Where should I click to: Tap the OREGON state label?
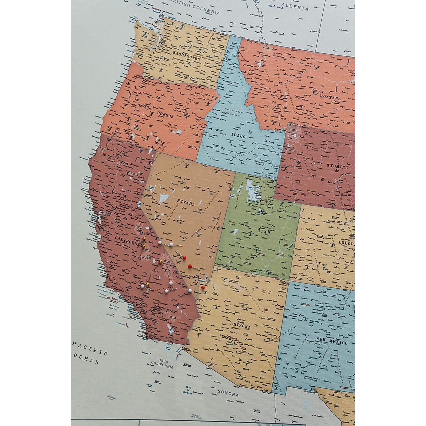pos(165,116)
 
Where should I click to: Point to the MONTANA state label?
pos(330,98)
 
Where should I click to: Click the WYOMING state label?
pos(338,166)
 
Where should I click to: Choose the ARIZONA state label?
pos(240,327)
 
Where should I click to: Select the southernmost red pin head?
pos(203,287)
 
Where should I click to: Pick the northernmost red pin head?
pos(184,257)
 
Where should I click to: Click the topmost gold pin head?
pos(144,240)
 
